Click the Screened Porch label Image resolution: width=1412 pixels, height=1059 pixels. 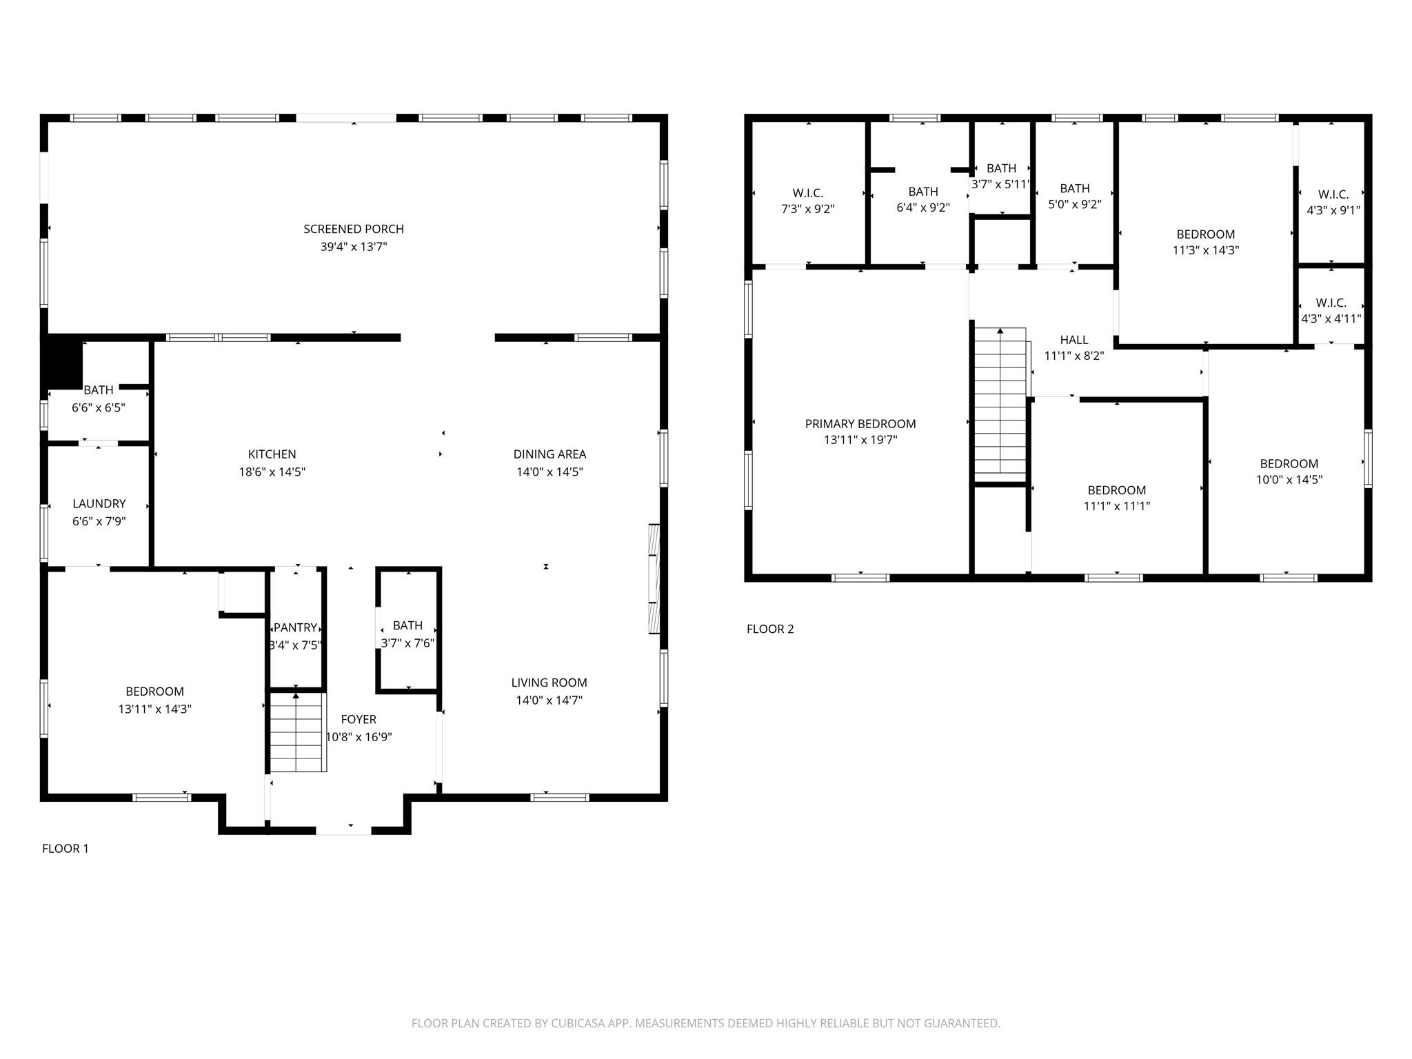point(354,229)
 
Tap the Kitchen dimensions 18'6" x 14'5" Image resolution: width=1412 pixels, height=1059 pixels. point(272,472)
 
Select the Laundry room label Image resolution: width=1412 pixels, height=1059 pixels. point(99,504)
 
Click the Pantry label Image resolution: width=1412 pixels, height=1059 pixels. point(295,627)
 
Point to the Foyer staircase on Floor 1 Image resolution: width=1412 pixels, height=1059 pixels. point(296,733)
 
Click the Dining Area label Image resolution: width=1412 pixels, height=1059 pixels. point(549,454)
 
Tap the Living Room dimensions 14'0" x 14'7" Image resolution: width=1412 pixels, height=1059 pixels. point(549,700)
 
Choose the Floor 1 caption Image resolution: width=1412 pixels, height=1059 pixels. point(65,849)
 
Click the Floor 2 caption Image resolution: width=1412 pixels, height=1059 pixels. point(770,629)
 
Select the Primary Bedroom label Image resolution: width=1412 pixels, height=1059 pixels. point(860,424)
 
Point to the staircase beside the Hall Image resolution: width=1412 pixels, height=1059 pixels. point(1000,405)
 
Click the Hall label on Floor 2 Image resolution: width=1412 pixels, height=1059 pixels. point(1074,340)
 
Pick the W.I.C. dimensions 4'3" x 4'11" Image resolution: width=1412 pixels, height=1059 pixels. point(1331,319)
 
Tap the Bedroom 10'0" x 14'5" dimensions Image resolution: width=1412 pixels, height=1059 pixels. point(1289,480)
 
